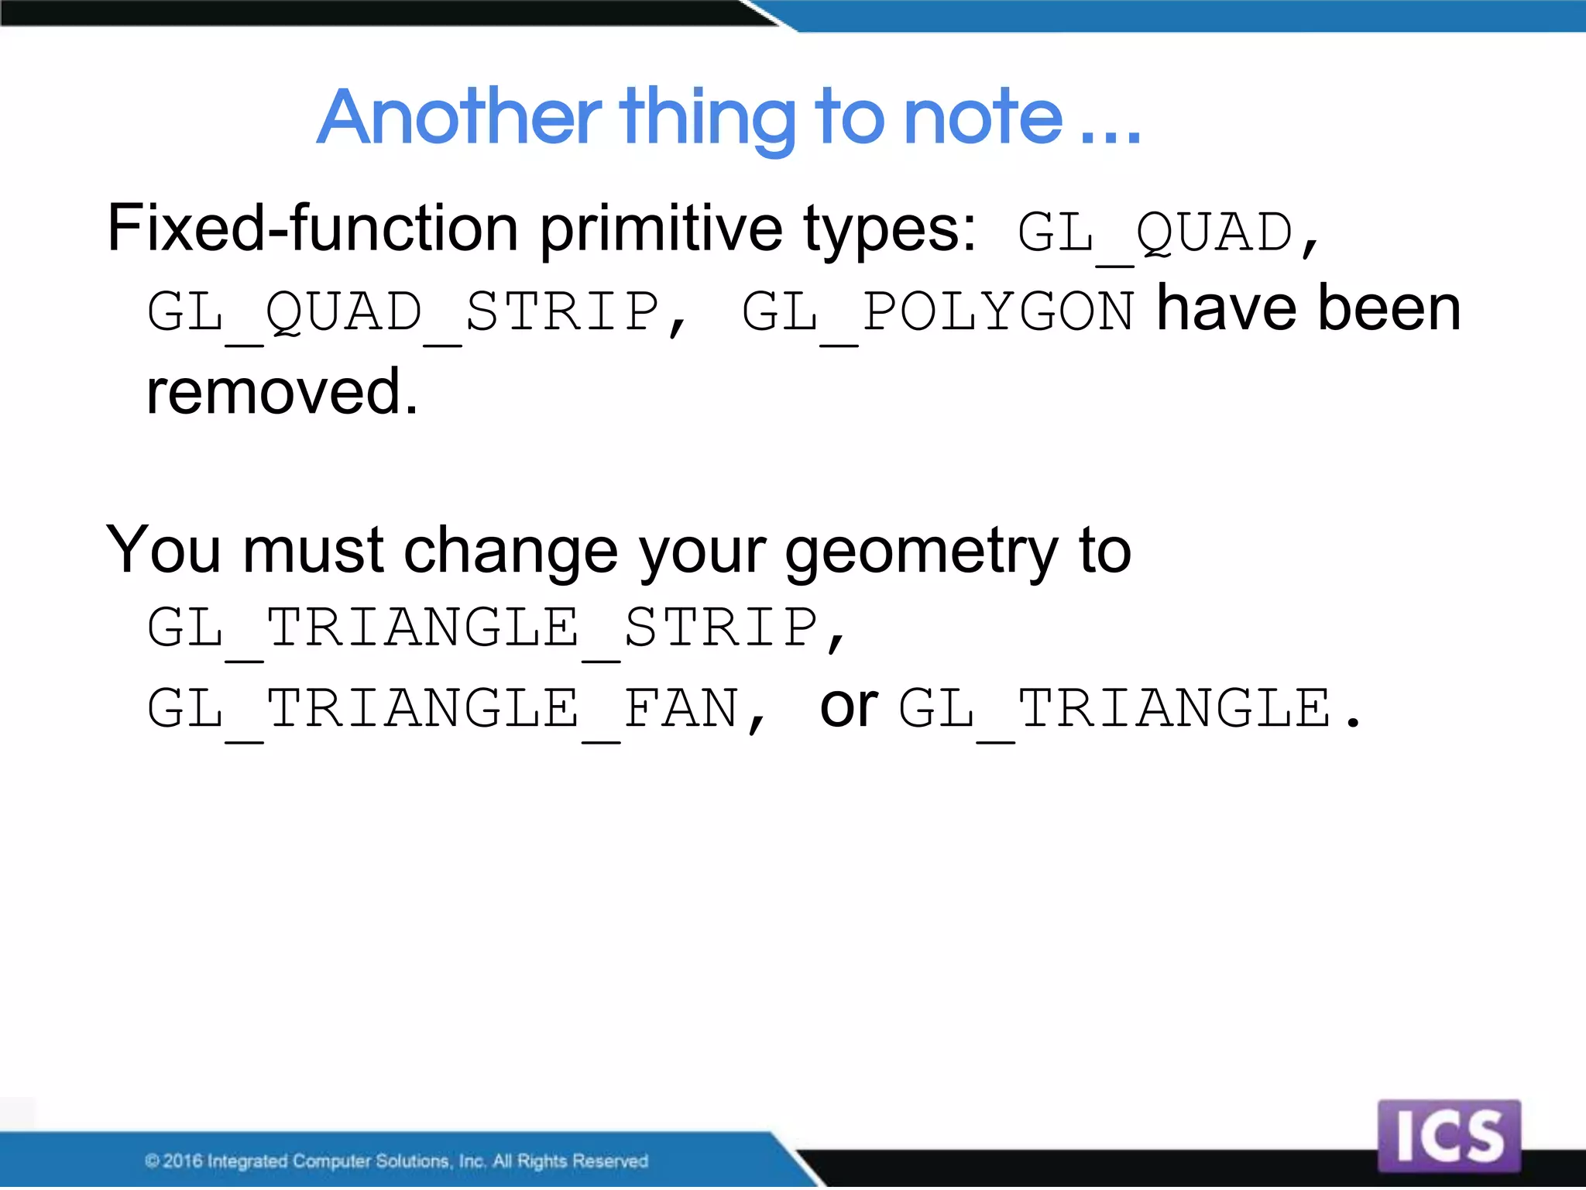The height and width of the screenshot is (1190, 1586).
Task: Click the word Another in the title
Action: click(x=458, y=118)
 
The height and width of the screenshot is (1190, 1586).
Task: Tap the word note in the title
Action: click(x=983, y=118)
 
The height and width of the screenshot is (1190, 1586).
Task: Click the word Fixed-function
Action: click(x=312, y=229)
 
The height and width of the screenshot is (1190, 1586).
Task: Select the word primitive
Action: click(x=661, y=229)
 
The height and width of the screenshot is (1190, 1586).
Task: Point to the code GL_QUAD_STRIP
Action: click(x=403, y=312)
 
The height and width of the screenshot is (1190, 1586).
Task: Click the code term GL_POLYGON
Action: click(x=937, y=312)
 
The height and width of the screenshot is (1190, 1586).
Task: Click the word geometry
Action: click(x=921, y=552)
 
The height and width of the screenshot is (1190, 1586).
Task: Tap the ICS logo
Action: click(x=1448, y=1136)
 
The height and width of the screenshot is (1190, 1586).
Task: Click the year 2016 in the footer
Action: click(x=183, y=1161)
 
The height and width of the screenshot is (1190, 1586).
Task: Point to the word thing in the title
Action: click(x=707, y=118)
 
